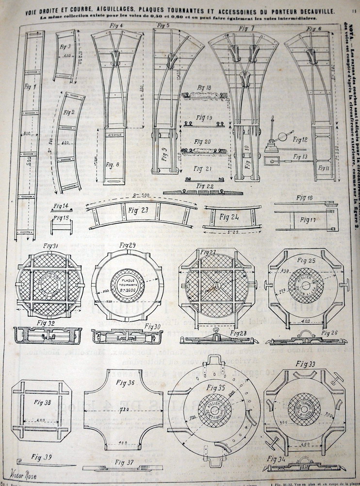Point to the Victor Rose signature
pos(22,475)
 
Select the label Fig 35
pos(215,387)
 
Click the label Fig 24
pos(230,218)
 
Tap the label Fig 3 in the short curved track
pos(66,47)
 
